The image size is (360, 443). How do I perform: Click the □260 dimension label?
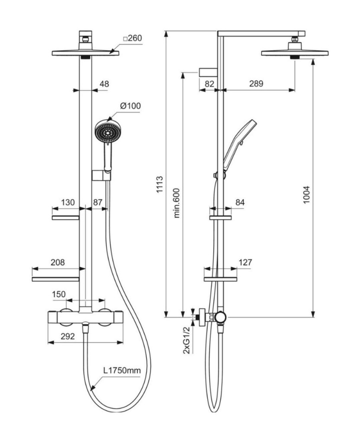pos(132,39)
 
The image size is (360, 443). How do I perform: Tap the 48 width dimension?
pos(104,84)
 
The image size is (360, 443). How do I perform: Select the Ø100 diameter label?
pos(131,106)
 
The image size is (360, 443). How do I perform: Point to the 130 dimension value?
pos(68,202)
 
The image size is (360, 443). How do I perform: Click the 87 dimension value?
pos(98,202)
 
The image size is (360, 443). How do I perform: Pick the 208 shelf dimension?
pos(58,262)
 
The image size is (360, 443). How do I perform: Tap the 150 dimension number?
pos(59,294)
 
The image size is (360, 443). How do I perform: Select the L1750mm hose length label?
pos(122,371)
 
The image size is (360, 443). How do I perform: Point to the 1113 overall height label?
pos(159,184)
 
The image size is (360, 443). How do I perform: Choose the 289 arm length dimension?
pos(256,84)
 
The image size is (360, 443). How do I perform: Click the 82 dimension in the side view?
pos(209,84)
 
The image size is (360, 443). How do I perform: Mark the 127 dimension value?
pos(245,262)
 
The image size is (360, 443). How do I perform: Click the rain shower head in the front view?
pos(85,53)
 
